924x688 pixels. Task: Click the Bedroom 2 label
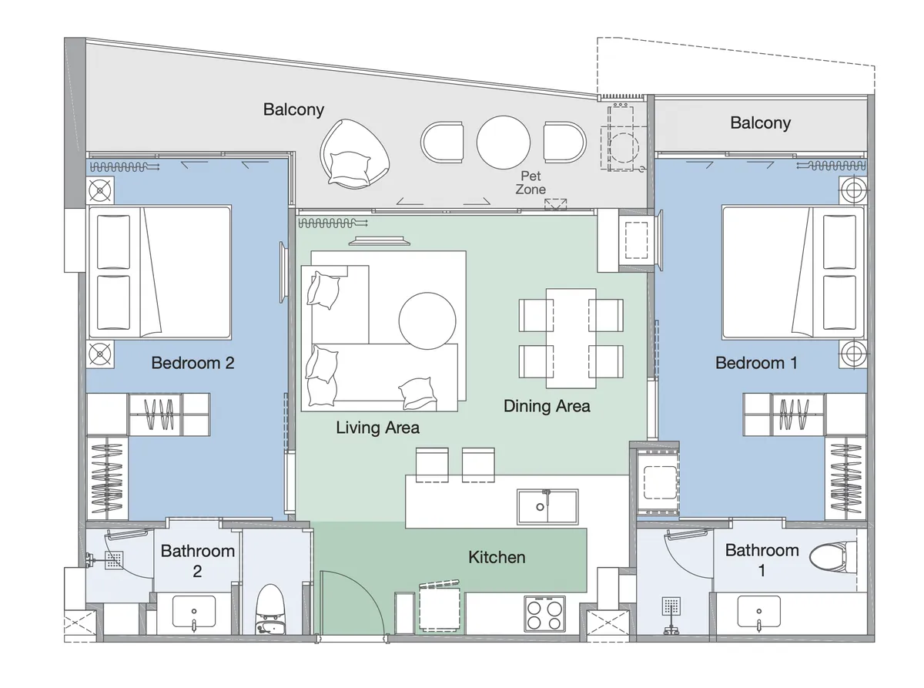(x=192, y=363)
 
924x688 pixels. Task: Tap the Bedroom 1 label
(x=756, y=363)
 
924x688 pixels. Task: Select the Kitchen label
(x=497, y=557)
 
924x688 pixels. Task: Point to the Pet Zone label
(x=531, y=183)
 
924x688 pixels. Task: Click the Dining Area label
(x=547, y=406)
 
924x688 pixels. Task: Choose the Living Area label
(x=377, y=428)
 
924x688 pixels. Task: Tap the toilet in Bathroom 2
(x=270, y=609)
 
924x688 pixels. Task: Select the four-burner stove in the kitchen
(x=544, y=613)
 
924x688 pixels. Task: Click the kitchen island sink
(x=547, y=507)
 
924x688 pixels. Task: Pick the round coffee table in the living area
(x=427, y=321)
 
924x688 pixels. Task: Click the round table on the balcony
(x=504, y=143)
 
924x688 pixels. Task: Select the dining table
(x=571, y=338)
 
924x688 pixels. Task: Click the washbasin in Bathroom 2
(x=194, y=611)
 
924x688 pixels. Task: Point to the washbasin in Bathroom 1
(x=758, y=611)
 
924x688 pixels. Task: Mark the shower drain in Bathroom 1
(x=671, y=606)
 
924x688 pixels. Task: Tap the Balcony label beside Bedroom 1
(x=760, y=123)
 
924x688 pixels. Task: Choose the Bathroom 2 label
(x=197, y=561)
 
